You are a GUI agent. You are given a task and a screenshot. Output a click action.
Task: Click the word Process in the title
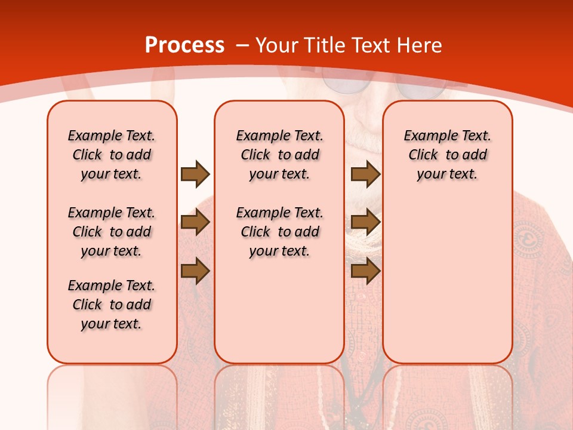click(x=184, y=45)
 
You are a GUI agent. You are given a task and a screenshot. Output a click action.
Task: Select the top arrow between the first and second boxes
click(x=195, y=174)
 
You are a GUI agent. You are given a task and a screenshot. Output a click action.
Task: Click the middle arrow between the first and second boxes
click(x=195, y=222)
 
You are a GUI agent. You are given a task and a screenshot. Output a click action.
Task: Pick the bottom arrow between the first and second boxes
click(x=195, y=271)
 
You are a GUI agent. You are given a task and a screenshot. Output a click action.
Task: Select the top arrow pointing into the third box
click(x=365, y=174)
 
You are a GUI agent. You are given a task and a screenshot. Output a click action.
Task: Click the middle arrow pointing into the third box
click(x=365, y=222)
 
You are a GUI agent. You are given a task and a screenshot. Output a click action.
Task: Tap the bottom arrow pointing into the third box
click(x=365, y=271)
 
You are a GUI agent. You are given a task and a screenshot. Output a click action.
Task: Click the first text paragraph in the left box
click(x=112, y=155)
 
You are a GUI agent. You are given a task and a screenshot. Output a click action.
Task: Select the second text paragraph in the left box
click(x=112, y=232)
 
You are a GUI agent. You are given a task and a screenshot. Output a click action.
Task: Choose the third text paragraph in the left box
click(x=112, y=305)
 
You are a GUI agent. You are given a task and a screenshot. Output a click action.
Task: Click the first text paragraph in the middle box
click(x=279, y=155)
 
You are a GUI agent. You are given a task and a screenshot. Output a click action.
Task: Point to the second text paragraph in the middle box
click(x=279, y=232)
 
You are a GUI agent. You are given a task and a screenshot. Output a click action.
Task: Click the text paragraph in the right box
click(x=447, y=155)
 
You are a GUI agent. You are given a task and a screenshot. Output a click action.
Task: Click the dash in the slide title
click(x=242, y=45)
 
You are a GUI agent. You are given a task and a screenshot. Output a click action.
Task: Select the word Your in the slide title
click(x=278, y=45)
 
